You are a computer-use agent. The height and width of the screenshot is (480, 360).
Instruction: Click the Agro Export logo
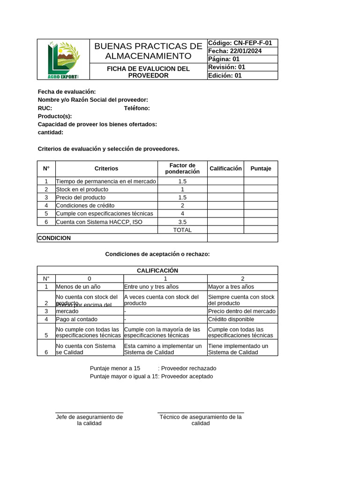click(63, 60)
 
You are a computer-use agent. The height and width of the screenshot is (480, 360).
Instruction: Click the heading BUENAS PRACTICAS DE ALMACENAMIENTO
click(148, 51)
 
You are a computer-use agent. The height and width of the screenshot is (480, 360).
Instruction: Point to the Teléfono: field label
click(137, 108)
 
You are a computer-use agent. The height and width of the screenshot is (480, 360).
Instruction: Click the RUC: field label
click(45, 108)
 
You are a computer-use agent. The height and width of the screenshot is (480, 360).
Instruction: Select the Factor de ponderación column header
click(182, 169)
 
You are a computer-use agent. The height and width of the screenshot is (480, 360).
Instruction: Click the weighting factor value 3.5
click(182, 222)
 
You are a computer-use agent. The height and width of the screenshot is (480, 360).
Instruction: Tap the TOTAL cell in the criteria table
click(182, 230)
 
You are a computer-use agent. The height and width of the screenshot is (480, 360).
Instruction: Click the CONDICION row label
click(54, 238)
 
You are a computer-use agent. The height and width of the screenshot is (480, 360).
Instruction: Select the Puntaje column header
click(261, 169)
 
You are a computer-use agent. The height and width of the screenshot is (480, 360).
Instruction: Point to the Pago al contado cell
click(76, 319)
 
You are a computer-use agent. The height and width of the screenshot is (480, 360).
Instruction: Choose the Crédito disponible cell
click(231, 319)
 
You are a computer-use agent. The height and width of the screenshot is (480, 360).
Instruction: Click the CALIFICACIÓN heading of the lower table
click(157, 270)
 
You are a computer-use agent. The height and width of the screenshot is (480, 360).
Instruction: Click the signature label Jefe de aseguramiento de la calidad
click(89, 420)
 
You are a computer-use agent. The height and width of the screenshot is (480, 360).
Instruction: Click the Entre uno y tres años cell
click(151, 287)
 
